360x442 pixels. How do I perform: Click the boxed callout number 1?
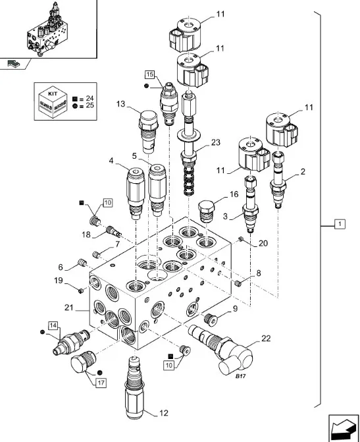(340, 224)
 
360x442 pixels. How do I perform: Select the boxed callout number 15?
(150, 74)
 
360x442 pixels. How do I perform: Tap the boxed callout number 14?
(53, 325)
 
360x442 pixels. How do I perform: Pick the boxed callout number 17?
(101, 383)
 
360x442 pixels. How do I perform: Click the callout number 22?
(266, 339)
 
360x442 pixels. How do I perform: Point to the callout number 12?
(164, 413)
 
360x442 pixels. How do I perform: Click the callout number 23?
(215, 142)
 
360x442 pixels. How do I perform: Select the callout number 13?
(120, 104)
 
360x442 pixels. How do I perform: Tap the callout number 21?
(68, 307)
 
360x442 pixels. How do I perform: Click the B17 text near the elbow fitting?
(241, 376)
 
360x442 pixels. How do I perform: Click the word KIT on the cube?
(53, 94)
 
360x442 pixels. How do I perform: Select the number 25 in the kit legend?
(90, 105)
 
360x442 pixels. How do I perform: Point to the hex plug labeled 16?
(205, 211)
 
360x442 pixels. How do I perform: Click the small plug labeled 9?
(211, 319)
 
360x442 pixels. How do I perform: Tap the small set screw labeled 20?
(241, 239)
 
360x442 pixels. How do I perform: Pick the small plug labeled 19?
(81, 290)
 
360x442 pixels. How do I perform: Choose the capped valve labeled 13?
(148, 132)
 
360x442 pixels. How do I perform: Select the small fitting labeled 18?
(114, 233)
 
